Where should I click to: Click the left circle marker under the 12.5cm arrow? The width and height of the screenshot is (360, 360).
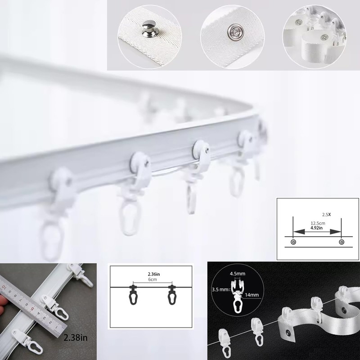[x=293, y=243]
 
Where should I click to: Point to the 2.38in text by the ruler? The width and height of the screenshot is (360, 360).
[x=76, y=337]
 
